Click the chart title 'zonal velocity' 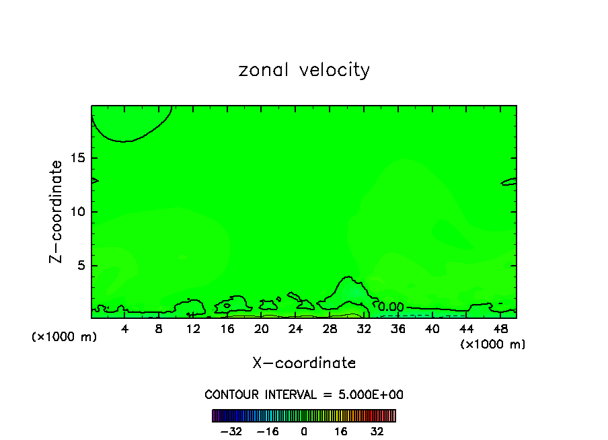[304, 71]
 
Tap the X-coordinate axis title [304, 363]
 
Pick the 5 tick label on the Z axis [78, 266]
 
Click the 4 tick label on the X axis [125, 329]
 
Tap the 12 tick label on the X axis [193, 329]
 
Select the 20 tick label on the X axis [262, 329]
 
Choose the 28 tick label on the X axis [330, 329]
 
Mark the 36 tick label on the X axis [397, 329]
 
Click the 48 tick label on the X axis [500, 329]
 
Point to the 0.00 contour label [391, 307]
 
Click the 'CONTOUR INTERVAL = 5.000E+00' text [304, 395]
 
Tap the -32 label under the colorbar [231, 431]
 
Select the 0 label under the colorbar [304, 431]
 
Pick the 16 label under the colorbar [341, 431]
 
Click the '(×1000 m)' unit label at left [65, 336]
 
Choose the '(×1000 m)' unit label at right [493, 344]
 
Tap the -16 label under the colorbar [268, 431]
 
